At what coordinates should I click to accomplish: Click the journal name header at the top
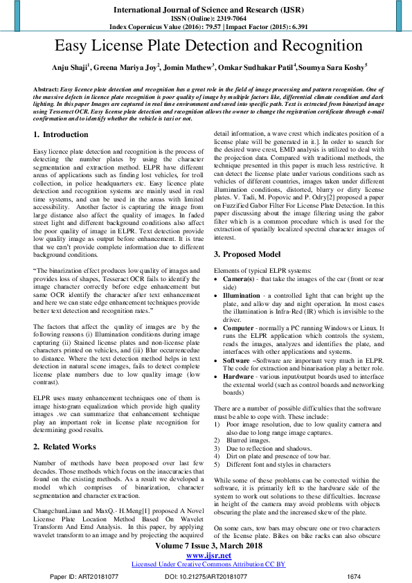pos(206,10)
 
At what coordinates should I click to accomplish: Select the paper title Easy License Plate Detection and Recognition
pos(206,46)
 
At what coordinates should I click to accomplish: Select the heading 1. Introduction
pos(61,134)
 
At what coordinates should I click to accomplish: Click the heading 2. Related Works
pos(65,427)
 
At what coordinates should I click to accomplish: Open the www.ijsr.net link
pos(208,555)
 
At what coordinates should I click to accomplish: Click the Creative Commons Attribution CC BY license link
pos(208,564)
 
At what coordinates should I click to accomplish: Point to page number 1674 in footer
pos(354,576)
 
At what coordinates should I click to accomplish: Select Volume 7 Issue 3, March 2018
pos(208,546)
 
